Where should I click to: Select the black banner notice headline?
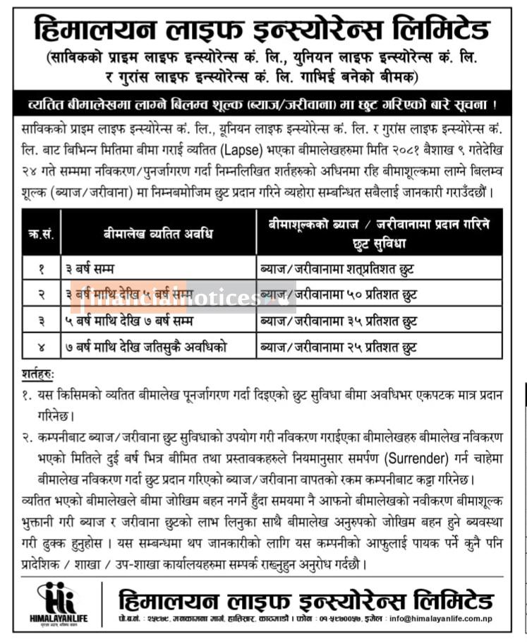pos(263,105)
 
